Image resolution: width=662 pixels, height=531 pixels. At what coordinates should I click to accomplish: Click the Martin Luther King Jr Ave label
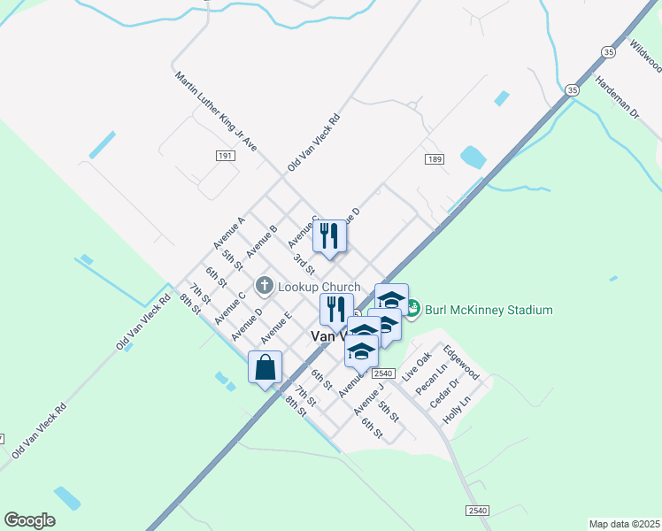point(215,112)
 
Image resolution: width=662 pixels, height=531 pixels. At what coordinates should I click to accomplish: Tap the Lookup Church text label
point(319,287)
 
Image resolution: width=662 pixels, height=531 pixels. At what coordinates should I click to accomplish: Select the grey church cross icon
point(264,286)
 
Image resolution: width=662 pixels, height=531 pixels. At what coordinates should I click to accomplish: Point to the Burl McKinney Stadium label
point(489,310)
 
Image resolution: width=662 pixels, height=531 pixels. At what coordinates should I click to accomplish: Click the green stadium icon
point(412,309)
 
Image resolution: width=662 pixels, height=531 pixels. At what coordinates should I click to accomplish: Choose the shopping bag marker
point(266,367)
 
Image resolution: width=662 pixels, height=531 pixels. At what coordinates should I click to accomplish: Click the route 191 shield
point(225,155)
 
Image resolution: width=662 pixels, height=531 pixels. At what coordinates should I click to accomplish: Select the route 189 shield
point(433,159)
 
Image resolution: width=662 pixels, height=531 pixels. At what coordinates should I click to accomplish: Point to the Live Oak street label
point(417,366)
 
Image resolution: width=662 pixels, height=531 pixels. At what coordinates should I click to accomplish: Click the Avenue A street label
point(228,233)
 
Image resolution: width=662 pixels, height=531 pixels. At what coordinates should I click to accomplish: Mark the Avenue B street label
point(262,242)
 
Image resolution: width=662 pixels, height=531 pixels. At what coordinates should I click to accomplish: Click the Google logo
point(29,520)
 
